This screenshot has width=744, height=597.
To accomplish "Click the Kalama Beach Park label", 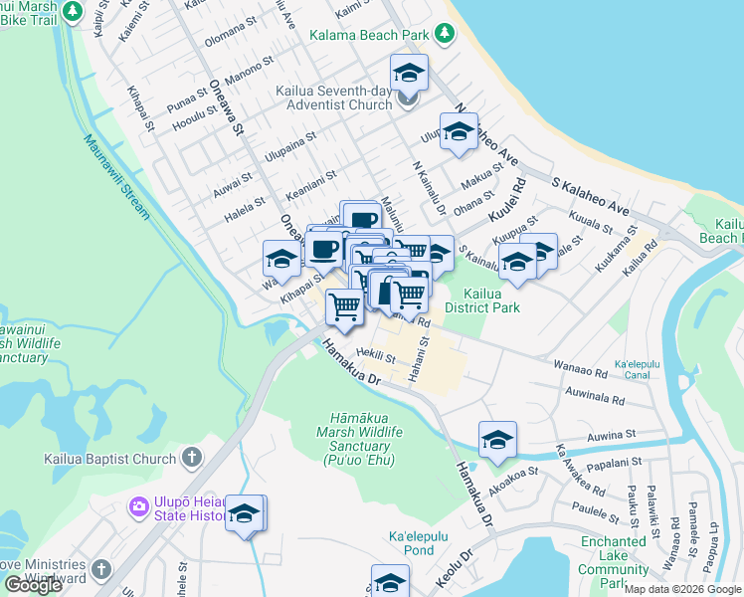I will click(368, 36).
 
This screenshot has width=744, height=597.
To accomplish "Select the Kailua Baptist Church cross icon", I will click(191, 459).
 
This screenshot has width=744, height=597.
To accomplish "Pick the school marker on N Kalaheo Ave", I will click(459, 131).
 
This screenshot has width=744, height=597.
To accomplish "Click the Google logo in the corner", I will click(33, 585).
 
